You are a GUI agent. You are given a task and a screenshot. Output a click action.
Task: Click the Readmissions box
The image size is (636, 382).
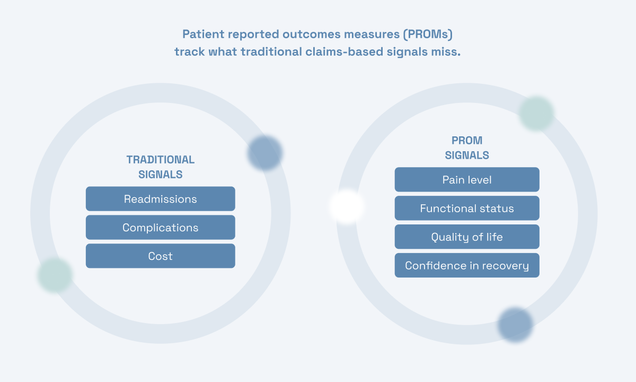(x=160, y=199)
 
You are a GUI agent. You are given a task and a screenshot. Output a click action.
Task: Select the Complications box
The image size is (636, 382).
(x=160, y=228)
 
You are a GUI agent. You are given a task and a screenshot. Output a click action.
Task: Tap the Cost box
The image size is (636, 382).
(x=160, y=256)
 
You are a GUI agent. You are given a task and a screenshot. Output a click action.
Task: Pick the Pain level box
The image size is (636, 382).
(x=467, y=180)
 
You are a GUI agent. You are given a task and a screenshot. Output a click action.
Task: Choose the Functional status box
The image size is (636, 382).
(x=467, y=209)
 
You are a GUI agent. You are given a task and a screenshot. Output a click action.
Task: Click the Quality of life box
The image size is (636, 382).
(x=467, y=237)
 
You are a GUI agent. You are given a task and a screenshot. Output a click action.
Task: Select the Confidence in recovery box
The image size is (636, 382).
(x=467, y=266)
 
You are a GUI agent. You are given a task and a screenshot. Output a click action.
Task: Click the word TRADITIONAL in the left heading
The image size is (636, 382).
(x=160, y=160)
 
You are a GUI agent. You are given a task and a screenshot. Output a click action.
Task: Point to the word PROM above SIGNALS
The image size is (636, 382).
(x=467, y=141)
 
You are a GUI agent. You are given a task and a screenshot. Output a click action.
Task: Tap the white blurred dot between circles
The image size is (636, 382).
(x=347, y=207)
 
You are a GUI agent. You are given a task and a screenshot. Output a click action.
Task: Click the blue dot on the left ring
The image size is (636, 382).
(x=264, y=153)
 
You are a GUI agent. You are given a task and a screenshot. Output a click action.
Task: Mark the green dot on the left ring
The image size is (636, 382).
(x=55, y=275)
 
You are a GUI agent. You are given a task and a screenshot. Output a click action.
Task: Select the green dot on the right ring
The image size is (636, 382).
(x=536, y=114)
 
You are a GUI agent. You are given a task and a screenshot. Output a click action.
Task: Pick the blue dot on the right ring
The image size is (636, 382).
(x=515, y=324)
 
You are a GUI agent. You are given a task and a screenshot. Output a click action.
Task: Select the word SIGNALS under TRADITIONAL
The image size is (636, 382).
(x=160, y=175)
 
